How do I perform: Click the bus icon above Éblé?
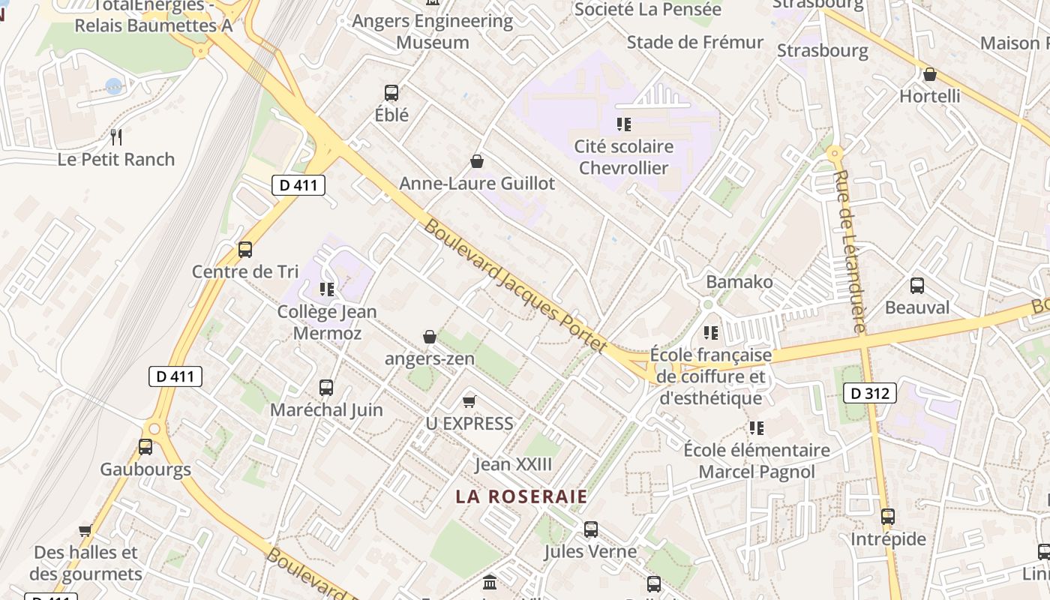pos(391,93)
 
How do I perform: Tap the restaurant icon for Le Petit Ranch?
pos(116,137)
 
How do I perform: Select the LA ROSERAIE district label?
pos(522,496)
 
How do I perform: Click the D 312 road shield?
pos(870,393)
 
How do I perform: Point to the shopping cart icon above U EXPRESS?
pos(469,401)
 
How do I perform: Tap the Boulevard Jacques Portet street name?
pos(515,286)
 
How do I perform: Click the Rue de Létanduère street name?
pos(850,252)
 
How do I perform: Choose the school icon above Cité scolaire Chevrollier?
pos(624,124)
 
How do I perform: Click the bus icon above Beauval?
pos(916,286)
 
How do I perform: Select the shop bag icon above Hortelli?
pos(930,74)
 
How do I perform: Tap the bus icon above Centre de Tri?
pos(244,250)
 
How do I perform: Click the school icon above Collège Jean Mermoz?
pos(327,289)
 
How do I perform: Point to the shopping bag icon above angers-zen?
pos(430,337)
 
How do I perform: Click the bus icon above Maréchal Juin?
pos(326,388)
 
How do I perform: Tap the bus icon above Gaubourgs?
pos(145,447)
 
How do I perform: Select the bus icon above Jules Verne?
pos(591,529)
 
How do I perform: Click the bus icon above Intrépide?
pos(888,517)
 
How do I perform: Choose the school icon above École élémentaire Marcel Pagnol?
pos(757,428)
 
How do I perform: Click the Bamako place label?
pos(739,282)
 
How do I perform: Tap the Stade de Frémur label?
pos(694,42)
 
